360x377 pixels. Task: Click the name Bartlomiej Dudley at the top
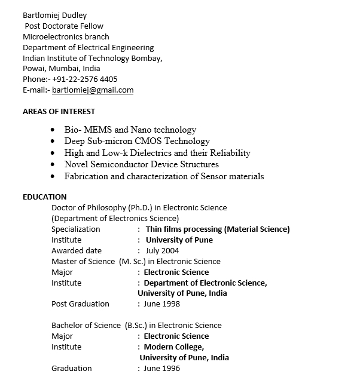(x=54, y=15)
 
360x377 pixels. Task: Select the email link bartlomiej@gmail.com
(x=93, y=90)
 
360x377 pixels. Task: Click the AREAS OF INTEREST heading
(x=59, y=111)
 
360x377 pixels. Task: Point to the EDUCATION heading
(x=45, y=197)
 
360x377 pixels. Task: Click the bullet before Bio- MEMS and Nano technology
(x=53, y=130)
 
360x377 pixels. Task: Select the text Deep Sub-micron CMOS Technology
(x=137, y=141)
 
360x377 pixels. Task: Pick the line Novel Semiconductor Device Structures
(x=142, y=164)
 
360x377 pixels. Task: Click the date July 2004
(x=162, y=251)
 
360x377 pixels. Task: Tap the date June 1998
(x=161, y=304)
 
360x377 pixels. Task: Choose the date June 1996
(x=161, y=369)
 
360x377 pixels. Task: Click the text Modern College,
(x=174, y=347)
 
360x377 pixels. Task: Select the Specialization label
(x=76, y=229)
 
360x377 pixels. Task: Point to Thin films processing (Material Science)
(x=218, y=229)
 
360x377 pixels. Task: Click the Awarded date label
(x=77, y=251)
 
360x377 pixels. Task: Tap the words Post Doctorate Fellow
(x=64, y=26)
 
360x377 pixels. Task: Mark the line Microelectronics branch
(x=66, y=36)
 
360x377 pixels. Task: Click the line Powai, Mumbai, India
(x=62, y=69)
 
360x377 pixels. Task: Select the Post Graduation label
(x=80, y=304)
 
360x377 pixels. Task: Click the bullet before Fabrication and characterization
(x=53, y=177)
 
